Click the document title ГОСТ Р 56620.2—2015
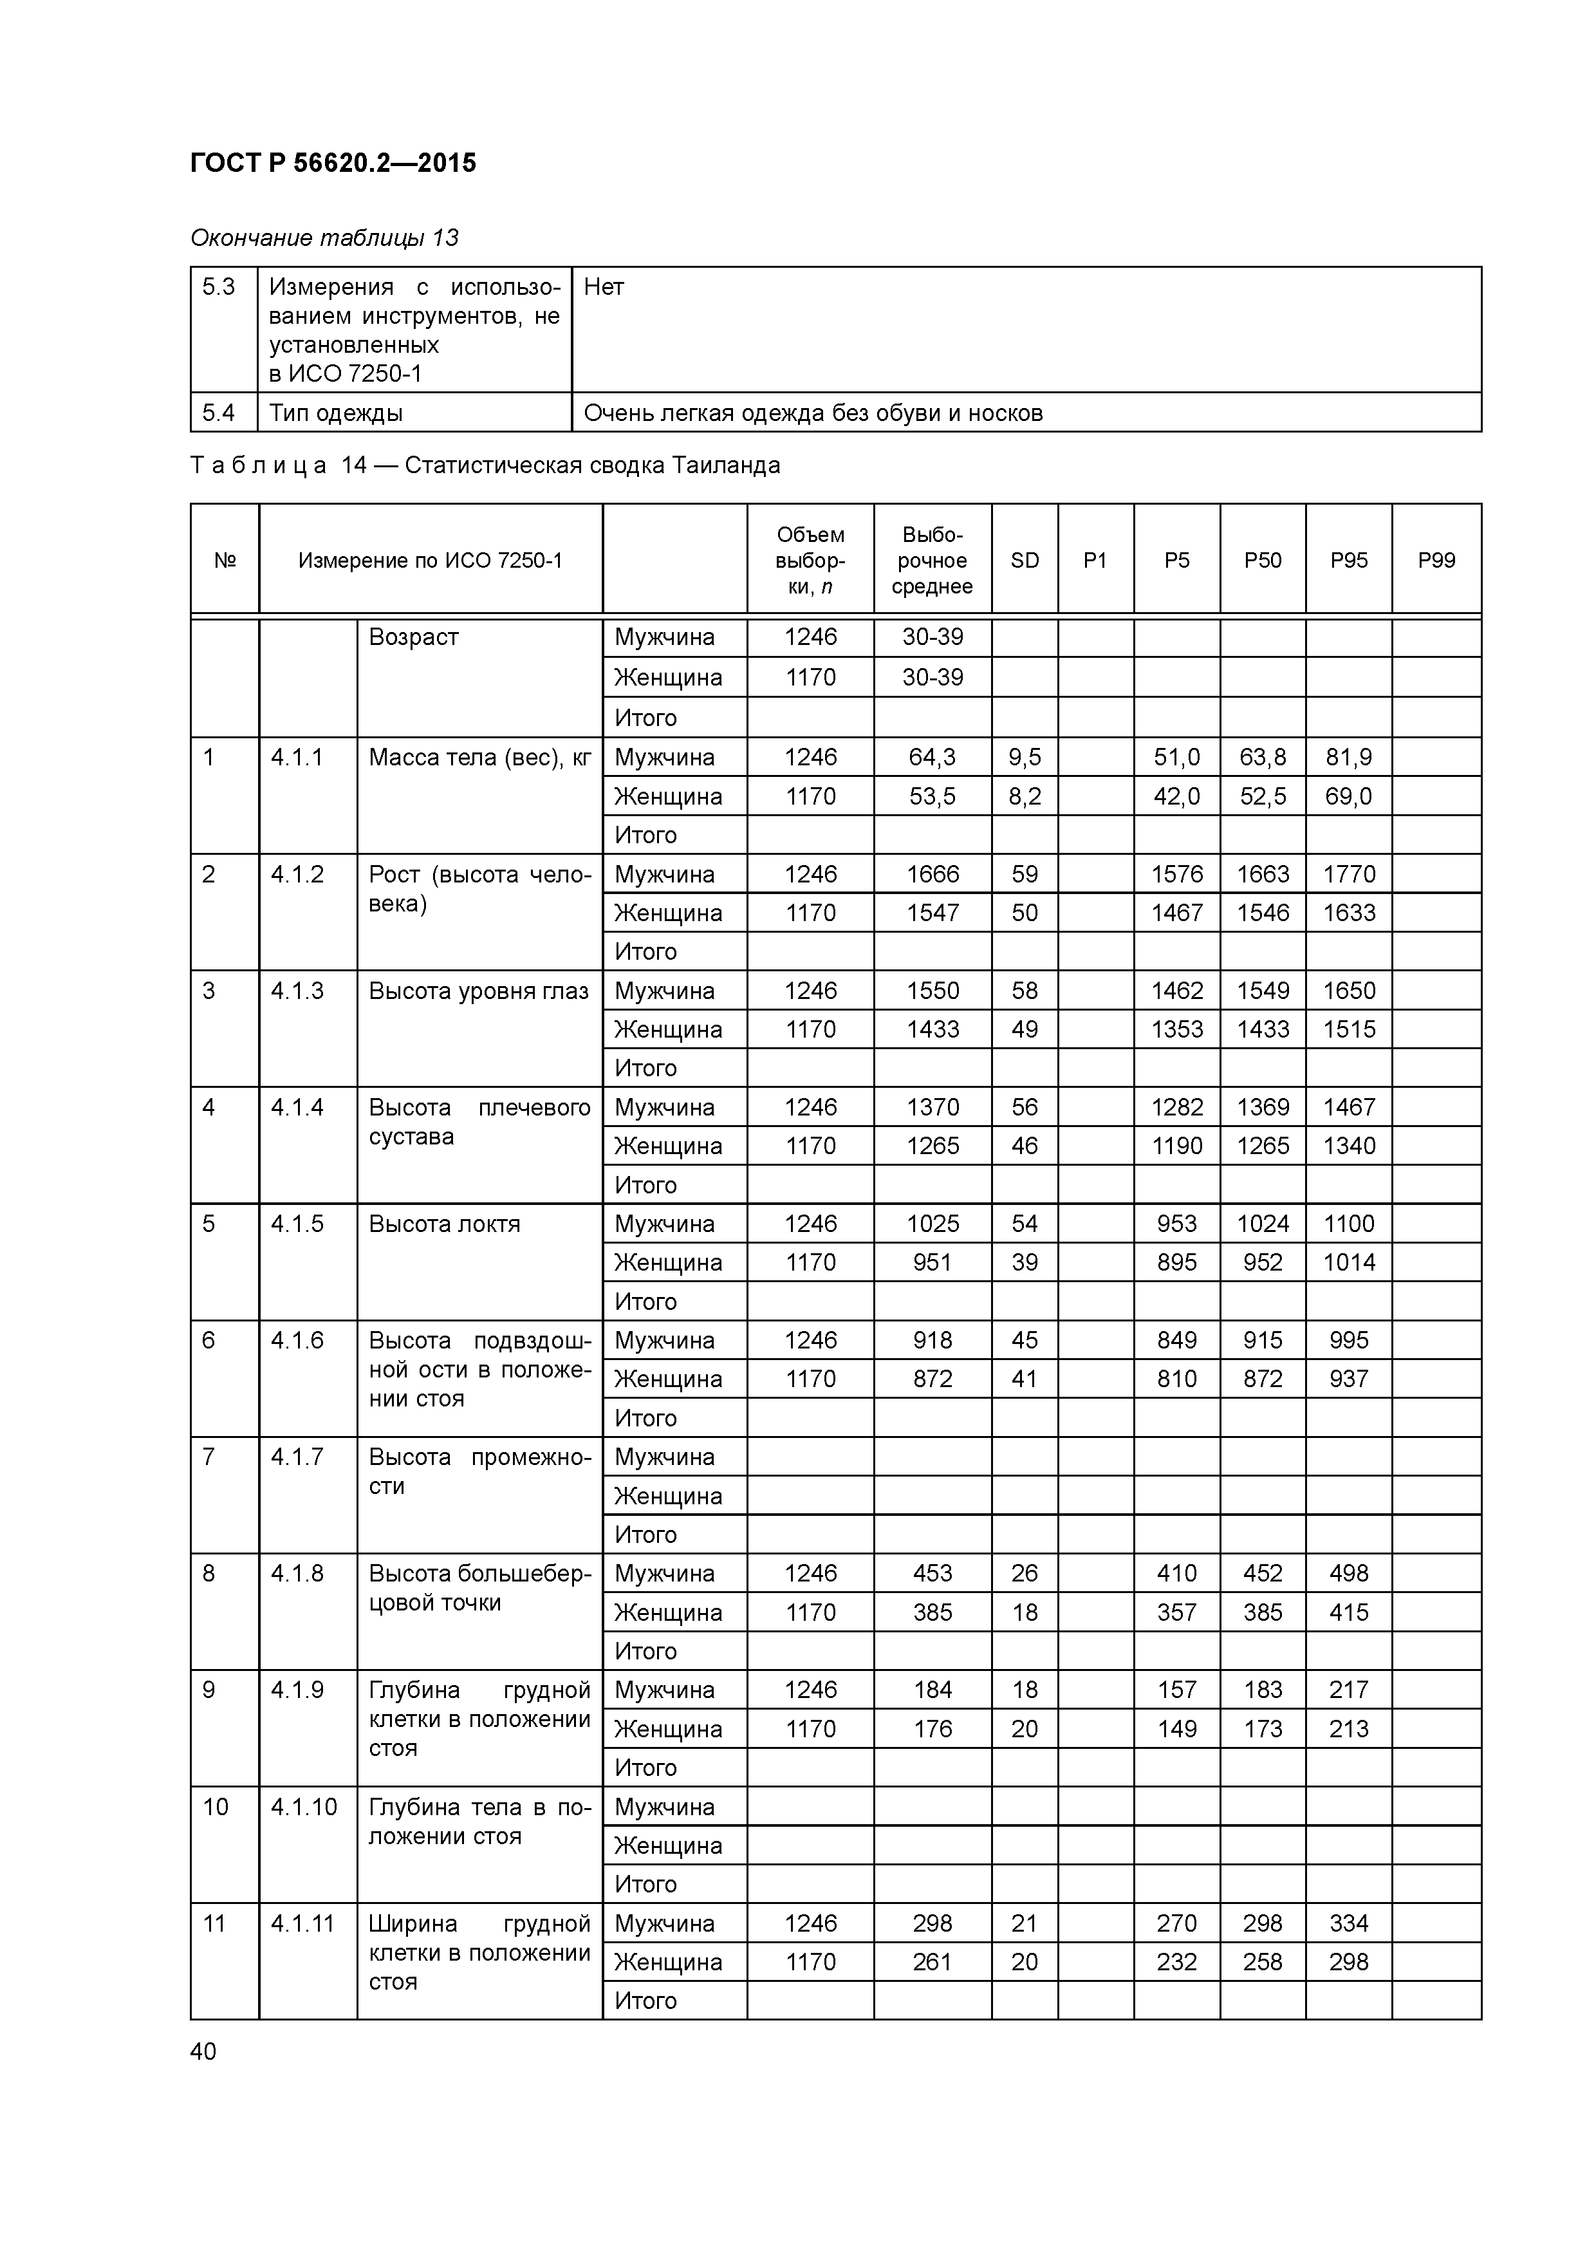coord(332,163)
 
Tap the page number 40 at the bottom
coord(203,2051)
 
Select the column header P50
coord(1263,561)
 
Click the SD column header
coord(1025,561)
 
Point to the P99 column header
coord(1436,561)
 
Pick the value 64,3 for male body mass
coord(933,757)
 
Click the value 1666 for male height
coord(933,873)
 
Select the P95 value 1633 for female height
coord(1348,913)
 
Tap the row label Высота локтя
coord(445,1224)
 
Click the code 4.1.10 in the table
coord(304,1807)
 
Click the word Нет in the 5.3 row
coord(604,287)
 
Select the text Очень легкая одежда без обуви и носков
coord(813,413)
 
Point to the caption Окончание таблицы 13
coord(324,238)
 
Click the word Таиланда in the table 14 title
coord(726,465)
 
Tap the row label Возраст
coord(413,637)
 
